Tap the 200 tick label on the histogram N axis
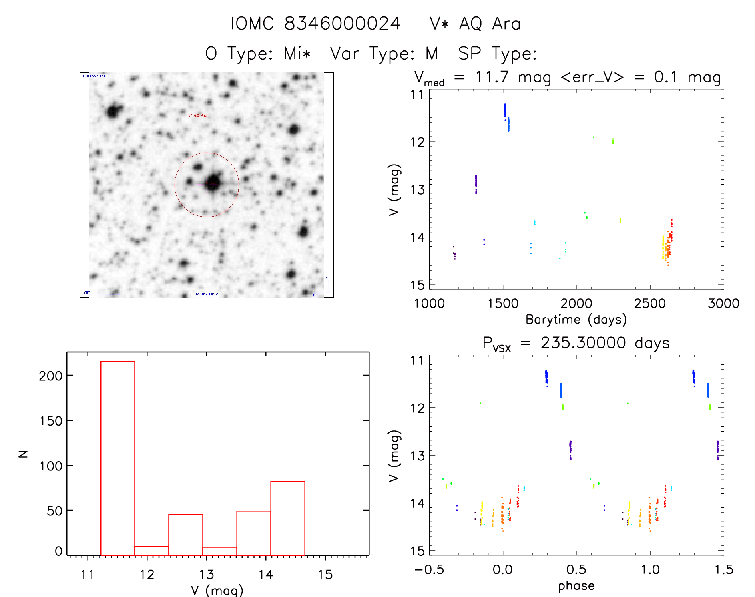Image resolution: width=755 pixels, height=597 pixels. pos(51,376)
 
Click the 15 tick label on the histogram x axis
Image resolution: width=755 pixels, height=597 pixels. pos(325,575)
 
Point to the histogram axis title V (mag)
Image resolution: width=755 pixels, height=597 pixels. pos(217,590)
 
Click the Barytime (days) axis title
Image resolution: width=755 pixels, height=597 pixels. pos(576,320)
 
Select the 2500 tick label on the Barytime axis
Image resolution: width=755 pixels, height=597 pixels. pos(650,303)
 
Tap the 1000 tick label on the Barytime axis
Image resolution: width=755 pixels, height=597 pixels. pos(429,303)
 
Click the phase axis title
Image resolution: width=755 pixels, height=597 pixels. pos(576,586)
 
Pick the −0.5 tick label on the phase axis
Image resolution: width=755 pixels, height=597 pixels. pos(429,569)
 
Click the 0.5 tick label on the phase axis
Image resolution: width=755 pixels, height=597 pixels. pos(576,569)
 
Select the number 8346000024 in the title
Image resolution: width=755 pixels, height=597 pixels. pos(342,24)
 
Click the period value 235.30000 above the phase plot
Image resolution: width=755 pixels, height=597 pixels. pos(583,343)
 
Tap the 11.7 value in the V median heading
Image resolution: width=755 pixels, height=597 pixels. pos(492,77)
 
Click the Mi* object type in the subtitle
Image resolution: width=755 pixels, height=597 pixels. pos(297,53)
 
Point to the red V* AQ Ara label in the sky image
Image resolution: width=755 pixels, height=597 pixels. pos(198,115)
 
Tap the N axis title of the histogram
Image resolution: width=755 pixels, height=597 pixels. pos(23,454)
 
